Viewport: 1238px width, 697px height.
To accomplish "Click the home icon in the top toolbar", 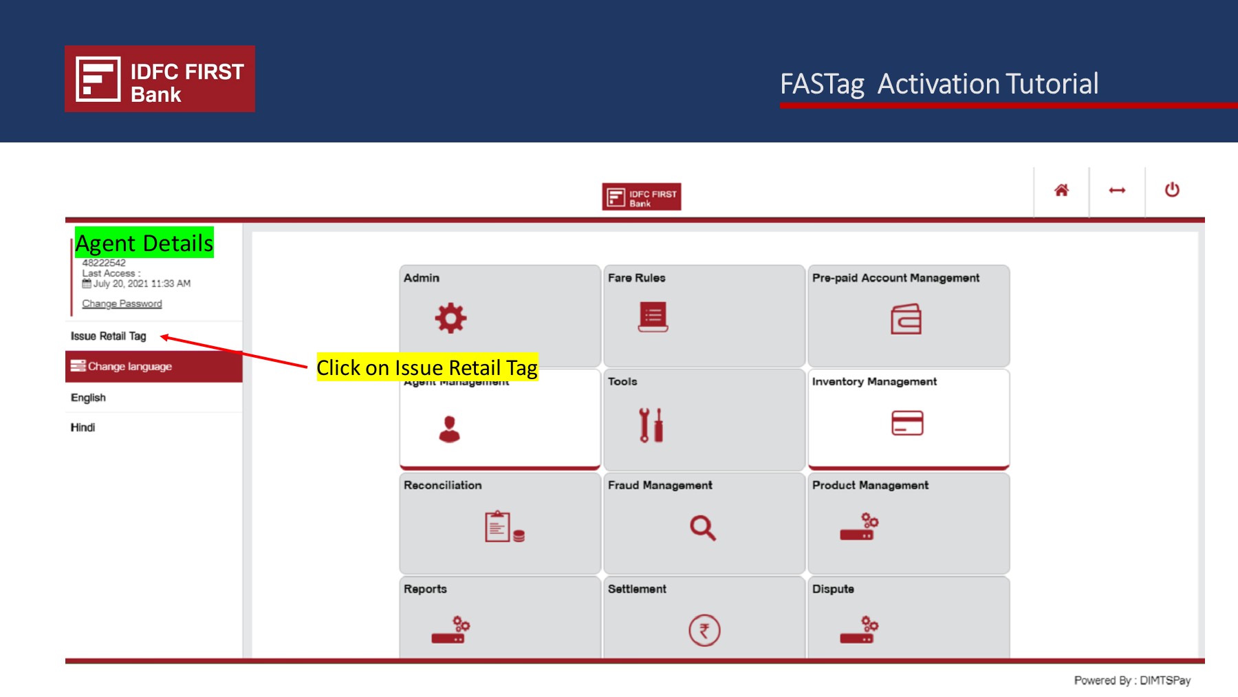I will click(x=1061, y=191).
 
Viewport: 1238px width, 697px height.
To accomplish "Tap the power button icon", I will click(x=1172, y=190).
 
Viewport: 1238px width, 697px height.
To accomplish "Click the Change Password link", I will click(x=122, y=303).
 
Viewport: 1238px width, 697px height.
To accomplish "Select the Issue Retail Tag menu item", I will click(x=109, y=336).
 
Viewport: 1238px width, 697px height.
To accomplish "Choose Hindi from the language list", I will click(x=83, y=427).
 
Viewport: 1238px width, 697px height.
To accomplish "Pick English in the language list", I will click(x=88, y=398).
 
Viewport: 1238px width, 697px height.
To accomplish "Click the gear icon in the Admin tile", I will click(x=450, y=318).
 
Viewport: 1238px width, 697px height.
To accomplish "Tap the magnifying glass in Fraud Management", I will click(x=702, y=528).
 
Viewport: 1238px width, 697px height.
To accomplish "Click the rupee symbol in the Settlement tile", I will click(x=704, y=630).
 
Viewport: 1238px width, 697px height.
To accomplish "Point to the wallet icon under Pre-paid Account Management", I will click(x=906, y=319).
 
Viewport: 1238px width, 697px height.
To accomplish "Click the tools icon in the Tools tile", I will click(x=650, y=425).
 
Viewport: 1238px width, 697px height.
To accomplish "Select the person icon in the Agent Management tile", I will click(x=449, y=429).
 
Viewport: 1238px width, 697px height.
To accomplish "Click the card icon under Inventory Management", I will click(x=907, y=422).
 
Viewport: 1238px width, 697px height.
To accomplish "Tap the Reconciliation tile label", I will click(x=442, y=485).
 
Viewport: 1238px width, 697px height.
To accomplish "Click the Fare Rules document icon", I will click(x=653, y=317).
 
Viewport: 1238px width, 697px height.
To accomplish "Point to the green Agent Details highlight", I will click(x=144, y=243).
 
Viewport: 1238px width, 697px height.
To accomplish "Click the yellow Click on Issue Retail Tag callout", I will click(x=426, y=367).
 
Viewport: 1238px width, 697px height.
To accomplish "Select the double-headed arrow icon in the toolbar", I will click(x=1117, y=191).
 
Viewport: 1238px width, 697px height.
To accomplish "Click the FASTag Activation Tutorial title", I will click(x=939, y=84).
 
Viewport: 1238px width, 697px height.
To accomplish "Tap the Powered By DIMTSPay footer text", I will click(x=1132, y=680).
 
